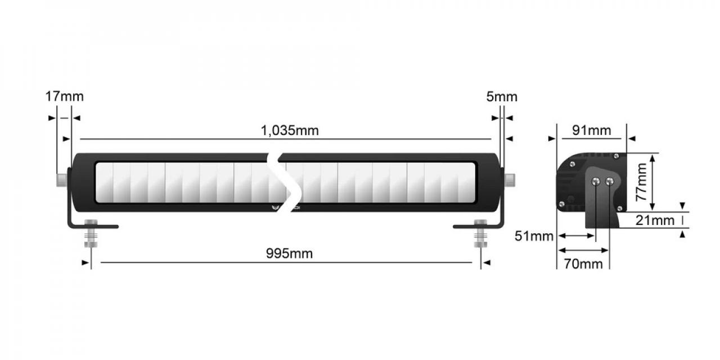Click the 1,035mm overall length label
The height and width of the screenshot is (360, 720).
(x=290, y=130)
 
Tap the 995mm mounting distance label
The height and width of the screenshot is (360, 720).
(x=289, y=254)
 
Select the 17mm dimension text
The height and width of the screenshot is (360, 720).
(x=64, y=96)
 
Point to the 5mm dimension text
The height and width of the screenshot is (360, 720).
(x=502, y=97)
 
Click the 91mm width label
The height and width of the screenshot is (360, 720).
(x=591, y=130)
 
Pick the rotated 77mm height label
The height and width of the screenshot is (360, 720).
(x=642, y=182)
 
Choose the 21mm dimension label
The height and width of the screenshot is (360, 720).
(x=655, y=220)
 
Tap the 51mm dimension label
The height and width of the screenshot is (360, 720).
(x=534, y=236)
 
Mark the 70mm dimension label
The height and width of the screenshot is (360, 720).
(x=583, y=264)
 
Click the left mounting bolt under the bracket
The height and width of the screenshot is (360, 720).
(x=91, y=233)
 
